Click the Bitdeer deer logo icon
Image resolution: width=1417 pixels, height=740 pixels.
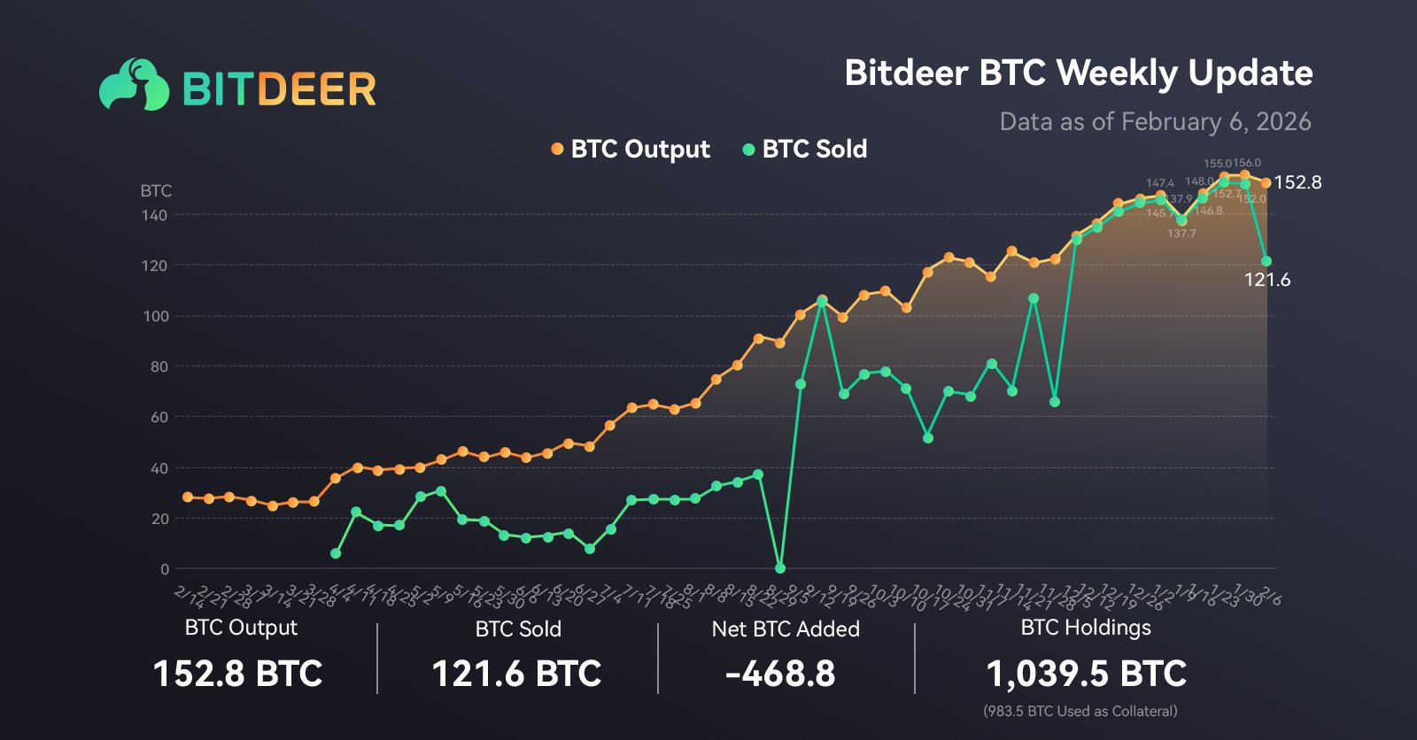(x=134, y=86)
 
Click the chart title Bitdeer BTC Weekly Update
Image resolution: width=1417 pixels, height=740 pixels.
(x=1078, y=73)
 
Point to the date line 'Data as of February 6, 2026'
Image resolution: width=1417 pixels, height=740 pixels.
(x=1155, y=121)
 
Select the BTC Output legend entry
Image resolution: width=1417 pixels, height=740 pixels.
(x=631, y=149)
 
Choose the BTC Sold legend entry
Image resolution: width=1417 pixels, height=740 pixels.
(x=805, y=149)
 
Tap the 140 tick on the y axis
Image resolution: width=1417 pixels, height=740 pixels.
(x=154, y=215)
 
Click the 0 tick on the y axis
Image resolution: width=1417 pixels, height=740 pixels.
(x=164, y=569)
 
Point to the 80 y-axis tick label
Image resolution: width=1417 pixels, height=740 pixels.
(x=159, y=366)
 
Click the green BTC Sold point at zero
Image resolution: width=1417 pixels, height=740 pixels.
(x=780, y=568)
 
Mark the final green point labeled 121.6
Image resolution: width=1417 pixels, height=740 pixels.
(x=1266, y=261)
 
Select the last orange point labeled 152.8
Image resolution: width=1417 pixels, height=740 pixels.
(x=1266, y=183)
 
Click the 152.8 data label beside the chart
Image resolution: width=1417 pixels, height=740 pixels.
(x=1297, y=182)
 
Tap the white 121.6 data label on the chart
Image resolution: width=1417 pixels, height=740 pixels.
(x=1267, y=280)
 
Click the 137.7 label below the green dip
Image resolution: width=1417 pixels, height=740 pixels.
(x=1181, y=234)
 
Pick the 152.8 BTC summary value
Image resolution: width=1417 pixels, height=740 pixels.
(x=238, y=674)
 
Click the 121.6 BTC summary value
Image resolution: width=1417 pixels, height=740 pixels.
(x=516, y=674)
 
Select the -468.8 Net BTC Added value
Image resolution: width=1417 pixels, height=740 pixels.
(x=780, y=674)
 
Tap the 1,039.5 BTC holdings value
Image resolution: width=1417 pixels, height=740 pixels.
(x=1086, y=674)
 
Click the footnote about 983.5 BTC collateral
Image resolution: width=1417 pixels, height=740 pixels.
(x=1080, y=711)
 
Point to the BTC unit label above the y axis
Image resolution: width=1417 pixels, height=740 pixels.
(x=156, y=190)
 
